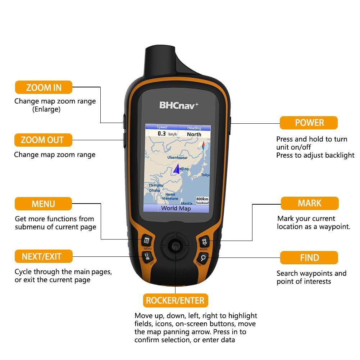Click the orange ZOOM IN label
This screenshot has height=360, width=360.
point(44,87)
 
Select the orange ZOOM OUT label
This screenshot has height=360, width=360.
point(43,140)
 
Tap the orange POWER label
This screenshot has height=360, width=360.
point(309,123)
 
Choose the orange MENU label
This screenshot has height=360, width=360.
point(43,204)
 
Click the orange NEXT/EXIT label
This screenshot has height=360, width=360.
point(43,256)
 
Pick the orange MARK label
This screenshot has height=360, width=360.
point(309,203)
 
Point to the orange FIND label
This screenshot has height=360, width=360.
point(309,258)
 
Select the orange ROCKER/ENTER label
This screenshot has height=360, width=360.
point(176,300)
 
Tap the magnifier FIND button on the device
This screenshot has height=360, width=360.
point(204,258)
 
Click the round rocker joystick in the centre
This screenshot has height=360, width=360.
point(176,245)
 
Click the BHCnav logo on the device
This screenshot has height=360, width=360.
point(178,105)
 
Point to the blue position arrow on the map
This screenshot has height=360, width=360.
point(177,168)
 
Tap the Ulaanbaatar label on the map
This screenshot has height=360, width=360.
point(178,157)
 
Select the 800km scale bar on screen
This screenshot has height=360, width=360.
point(202,200)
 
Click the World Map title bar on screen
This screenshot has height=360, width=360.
point(176,208)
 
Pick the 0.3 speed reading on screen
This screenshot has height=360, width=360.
point(162,134)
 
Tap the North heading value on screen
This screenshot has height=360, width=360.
point(194,134)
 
